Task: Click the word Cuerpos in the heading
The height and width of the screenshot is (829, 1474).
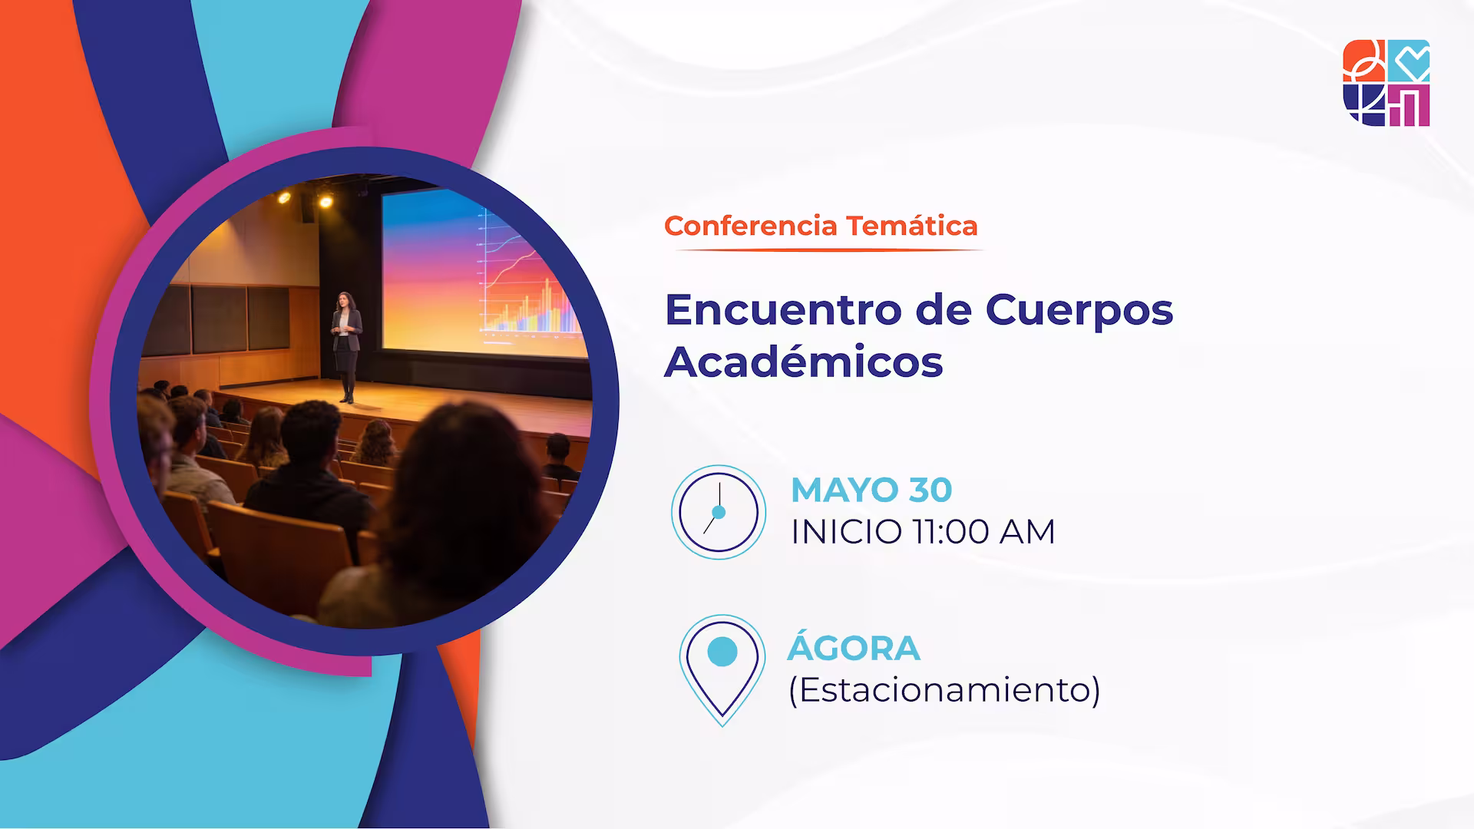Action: (x=1079, y=309)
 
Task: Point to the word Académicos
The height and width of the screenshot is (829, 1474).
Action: (x=803, y=362)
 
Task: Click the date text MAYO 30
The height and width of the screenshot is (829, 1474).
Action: (x=871, y=490)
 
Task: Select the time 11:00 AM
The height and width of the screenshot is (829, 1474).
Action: (x=983, y=531)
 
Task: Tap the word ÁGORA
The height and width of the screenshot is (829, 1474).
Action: (x=853, y=648)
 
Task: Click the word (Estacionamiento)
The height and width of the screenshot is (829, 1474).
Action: (x=944, y=689)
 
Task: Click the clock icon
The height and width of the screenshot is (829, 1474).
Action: (x=719, y=512)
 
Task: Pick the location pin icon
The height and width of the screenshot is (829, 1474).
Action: (x=722, y=668)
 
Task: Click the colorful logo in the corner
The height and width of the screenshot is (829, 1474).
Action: (x=1386, y=83)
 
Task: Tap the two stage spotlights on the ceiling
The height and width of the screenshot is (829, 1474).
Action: (x=305, y=199)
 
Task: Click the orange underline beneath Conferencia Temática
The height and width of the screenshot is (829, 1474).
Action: (x=823, y=250)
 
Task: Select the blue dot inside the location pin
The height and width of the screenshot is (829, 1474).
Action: (x=722, y=652)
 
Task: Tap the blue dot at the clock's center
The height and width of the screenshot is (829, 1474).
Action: (x=719, y=512)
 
